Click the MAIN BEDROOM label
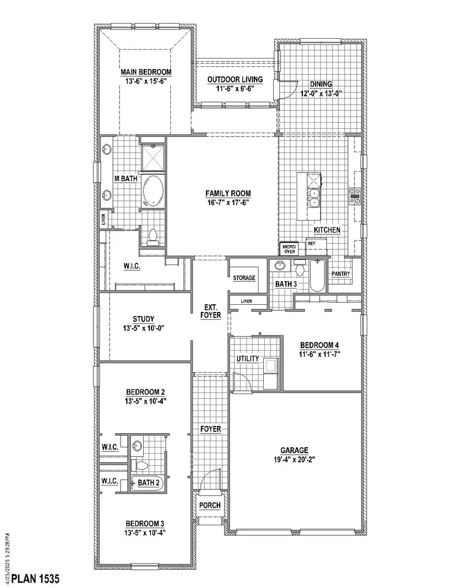click(146, 72)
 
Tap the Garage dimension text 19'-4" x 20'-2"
click(293, 459)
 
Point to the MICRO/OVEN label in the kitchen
click(289, 249)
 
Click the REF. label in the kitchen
click(312, 244)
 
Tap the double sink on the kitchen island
click(313, 196)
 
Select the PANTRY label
click(340, 274)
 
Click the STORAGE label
click(244, 278)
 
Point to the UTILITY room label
click(248, 359)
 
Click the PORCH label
click(210, 505)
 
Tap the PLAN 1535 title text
click(36, 579)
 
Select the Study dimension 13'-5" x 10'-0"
click(144, 328)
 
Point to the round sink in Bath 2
click(137, 446)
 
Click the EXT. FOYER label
click(211, 312)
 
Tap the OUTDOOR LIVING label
click(234, 79)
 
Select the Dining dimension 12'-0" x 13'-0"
click(321, 94)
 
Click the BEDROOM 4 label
click(320, 345)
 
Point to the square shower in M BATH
click(152, 155)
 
